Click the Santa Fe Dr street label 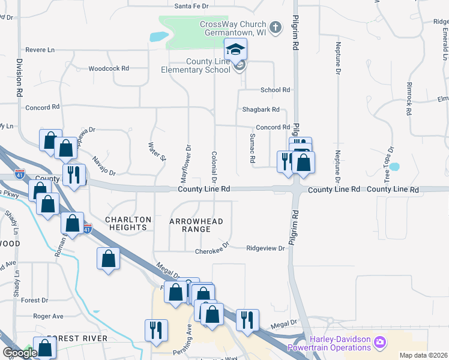[191, 6]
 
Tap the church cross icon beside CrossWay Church [276, 27]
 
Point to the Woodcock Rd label [109, 68]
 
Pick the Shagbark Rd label [261, 110]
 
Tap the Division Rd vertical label [20, 78]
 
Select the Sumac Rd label [253, 151]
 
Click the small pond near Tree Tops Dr [394, 166]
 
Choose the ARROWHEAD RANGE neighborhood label [196, 225]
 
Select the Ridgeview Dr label [265, 248]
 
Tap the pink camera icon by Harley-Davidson [379, 343]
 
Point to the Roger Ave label [48, 316]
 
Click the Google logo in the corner [19, 353]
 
